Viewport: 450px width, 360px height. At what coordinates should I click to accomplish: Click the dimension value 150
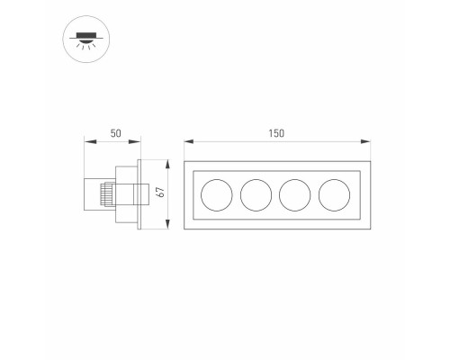coord(275,133)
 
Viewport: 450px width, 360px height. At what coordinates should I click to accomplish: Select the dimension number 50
coord(115,133)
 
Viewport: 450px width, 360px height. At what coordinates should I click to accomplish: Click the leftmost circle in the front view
coord(216,193)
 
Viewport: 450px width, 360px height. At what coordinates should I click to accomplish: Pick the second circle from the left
coord(256,193)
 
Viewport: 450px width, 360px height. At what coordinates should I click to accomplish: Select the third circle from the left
coord(294,193)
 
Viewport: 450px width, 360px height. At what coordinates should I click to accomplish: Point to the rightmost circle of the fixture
coord(334,193)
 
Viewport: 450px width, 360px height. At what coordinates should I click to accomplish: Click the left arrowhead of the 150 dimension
coord(186,141)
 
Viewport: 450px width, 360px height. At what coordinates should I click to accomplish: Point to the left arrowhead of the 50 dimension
coord(86,141)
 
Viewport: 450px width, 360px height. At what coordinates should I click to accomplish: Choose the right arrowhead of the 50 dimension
coord(139,141)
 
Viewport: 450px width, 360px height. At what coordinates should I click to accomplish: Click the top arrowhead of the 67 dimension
coord(166,163)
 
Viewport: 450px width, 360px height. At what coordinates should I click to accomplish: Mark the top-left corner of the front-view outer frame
coord(185,163)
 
